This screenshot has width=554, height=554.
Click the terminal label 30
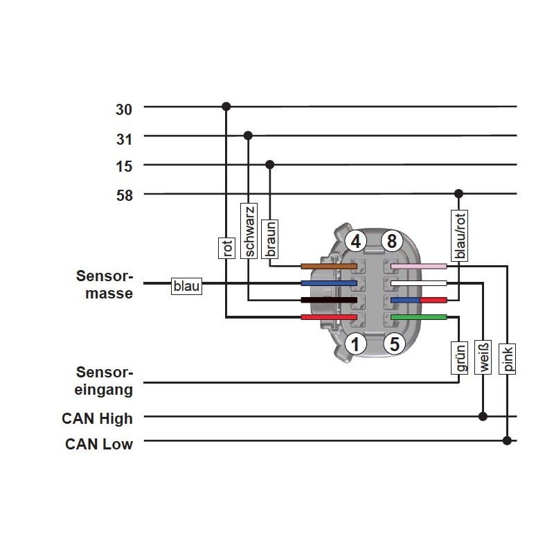124,109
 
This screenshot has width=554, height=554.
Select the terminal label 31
124,138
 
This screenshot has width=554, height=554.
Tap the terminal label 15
124,166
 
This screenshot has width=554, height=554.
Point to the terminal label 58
124,195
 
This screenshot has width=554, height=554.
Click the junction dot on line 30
226,107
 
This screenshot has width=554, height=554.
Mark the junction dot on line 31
248,136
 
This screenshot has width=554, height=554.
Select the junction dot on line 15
270,165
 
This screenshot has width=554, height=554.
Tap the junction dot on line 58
458,194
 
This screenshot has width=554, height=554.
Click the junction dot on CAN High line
483,417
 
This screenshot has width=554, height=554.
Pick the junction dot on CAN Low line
507,440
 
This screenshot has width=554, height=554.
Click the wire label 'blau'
186,285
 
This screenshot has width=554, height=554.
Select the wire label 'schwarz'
249,231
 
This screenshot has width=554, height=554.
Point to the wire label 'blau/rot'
459,235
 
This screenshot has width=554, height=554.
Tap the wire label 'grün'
458,358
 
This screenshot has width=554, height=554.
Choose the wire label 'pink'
508,359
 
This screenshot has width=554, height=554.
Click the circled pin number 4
356,242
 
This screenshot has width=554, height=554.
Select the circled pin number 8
392,242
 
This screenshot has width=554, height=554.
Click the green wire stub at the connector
419,317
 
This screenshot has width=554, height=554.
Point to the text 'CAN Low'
99,444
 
